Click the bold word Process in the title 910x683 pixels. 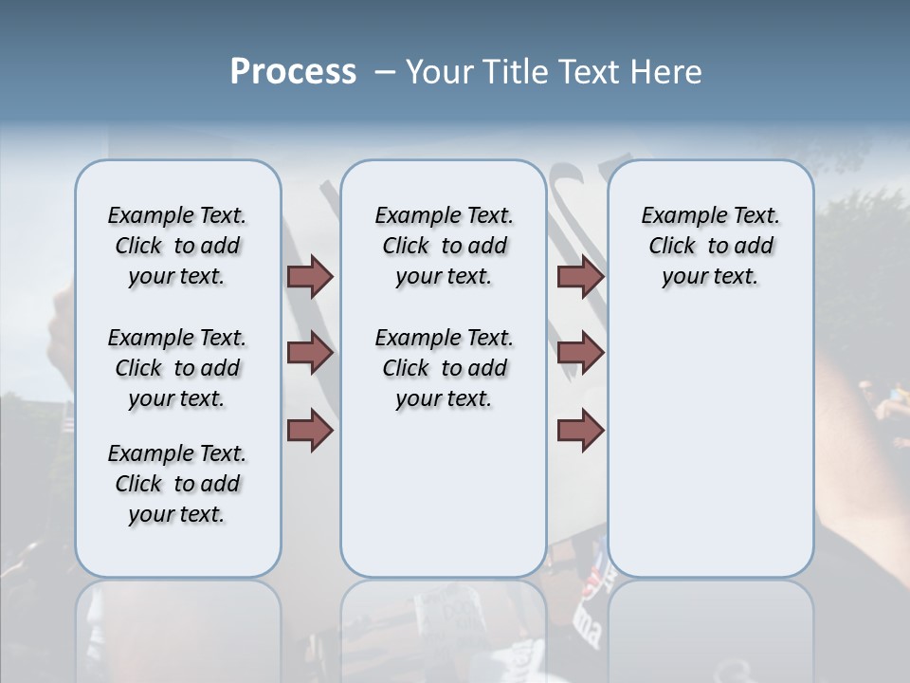[x=293, y=72]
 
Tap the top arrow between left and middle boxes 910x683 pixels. [x=310, y=276]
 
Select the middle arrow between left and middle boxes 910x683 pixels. [x=310, y=353]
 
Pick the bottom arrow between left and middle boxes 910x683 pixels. [x=310, y=430]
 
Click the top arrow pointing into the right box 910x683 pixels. [x=580, y=276]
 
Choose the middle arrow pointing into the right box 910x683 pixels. [x=580, y=353]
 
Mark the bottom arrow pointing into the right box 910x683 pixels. [x=580, y=430]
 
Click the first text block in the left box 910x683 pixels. [x=177, y=246]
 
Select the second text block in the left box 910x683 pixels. [x=177, y=368]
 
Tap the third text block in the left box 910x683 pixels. [x=177, y=484]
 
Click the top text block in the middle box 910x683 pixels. [x=445, y=246]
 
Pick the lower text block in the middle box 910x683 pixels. [x=445, y=368]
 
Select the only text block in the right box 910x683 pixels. [x=711, y=246]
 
